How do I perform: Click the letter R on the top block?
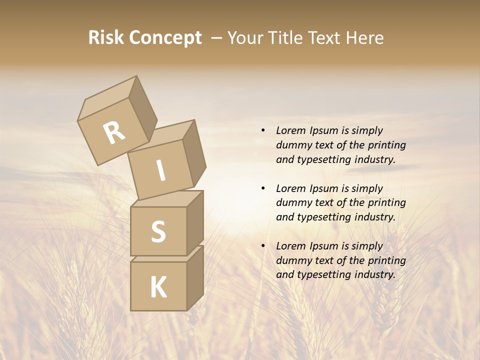(x=114, y=133)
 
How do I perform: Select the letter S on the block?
(x=158, y=231)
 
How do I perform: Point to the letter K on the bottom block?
(x=158, y=287)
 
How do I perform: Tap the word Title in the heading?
(x=287, y=38)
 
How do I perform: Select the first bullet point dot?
(x=263, y=130)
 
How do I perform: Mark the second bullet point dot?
(x=263, y=188)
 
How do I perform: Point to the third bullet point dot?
(x=263, y=246)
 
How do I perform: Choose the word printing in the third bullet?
(x=386, y=260)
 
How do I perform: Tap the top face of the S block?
(x=166, y=198)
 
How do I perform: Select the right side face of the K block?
(x=195, y=277)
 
